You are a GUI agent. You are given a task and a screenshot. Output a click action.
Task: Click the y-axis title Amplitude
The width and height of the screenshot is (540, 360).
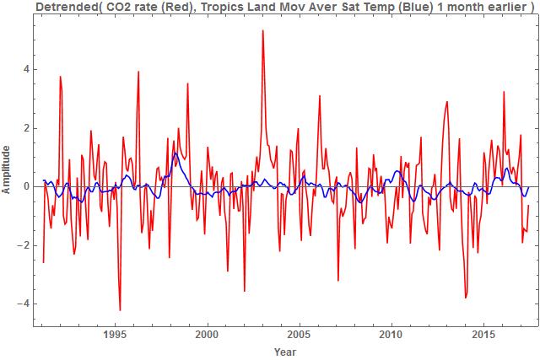pyautogui.click(x=8, y=169)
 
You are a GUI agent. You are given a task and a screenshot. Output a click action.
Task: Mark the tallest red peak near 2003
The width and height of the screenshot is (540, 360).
pyautogui.click(x=263, y=31)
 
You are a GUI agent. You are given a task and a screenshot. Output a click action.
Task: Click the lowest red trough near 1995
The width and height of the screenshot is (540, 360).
pyautogui.click(x=120, y=309)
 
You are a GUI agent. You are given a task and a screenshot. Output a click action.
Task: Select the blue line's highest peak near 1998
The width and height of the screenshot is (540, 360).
pyautogui.click(x=174, y=153)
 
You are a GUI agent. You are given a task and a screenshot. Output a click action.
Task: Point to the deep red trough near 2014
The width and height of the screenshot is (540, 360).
pyautogui.click(x=466, y=298)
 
